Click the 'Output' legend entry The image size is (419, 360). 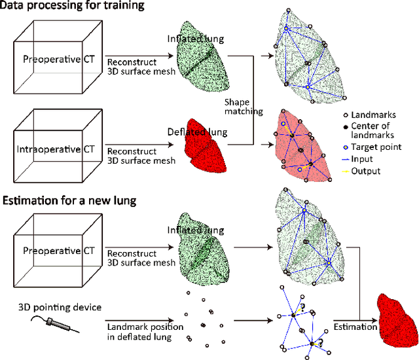365,171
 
